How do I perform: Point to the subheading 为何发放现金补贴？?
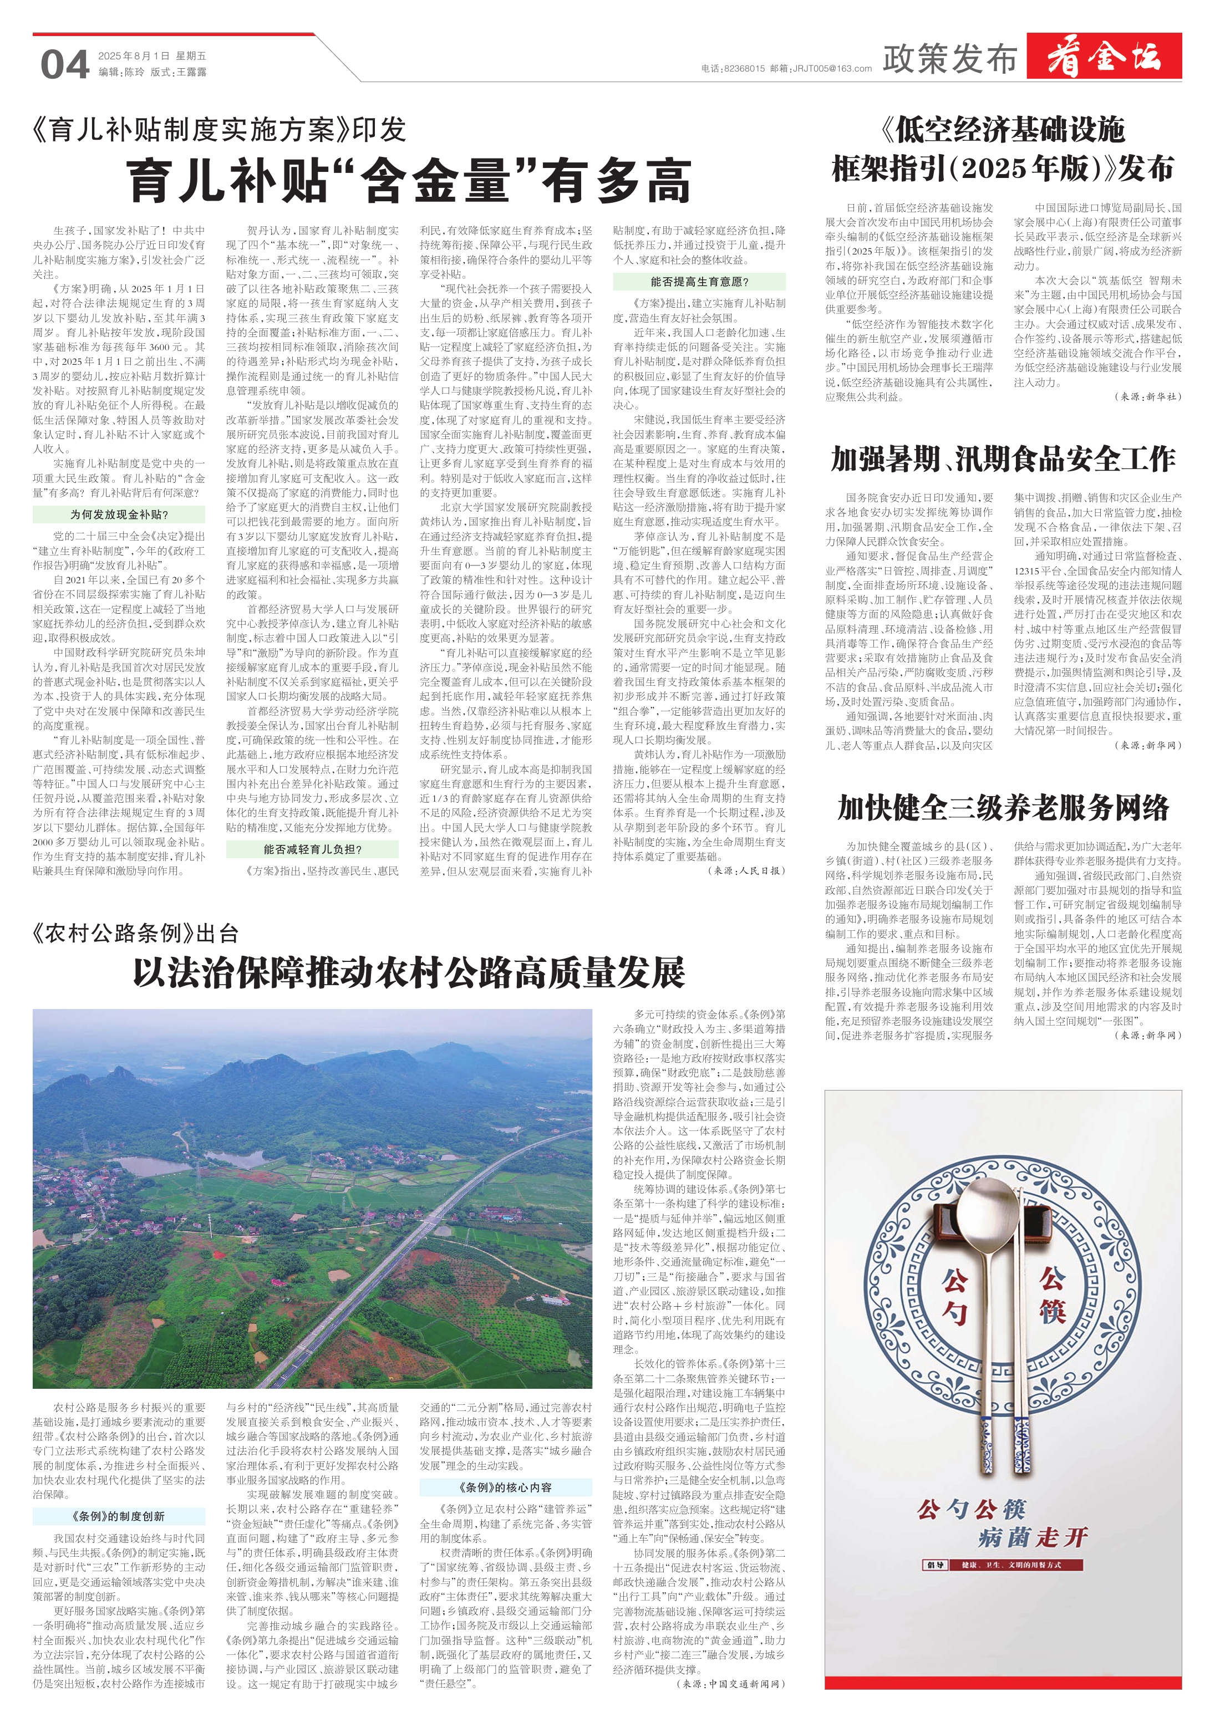point(119,514)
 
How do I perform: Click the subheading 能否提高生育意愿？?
point(699,282)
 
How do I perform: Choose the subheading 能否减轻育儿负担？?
point(313,849)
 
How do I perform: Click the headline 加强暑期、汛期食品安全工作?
point(1003,459)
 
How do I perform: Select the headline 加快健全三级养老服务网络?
point(1003,808)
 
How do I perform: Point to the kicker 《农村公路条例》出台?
point(136,933)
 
